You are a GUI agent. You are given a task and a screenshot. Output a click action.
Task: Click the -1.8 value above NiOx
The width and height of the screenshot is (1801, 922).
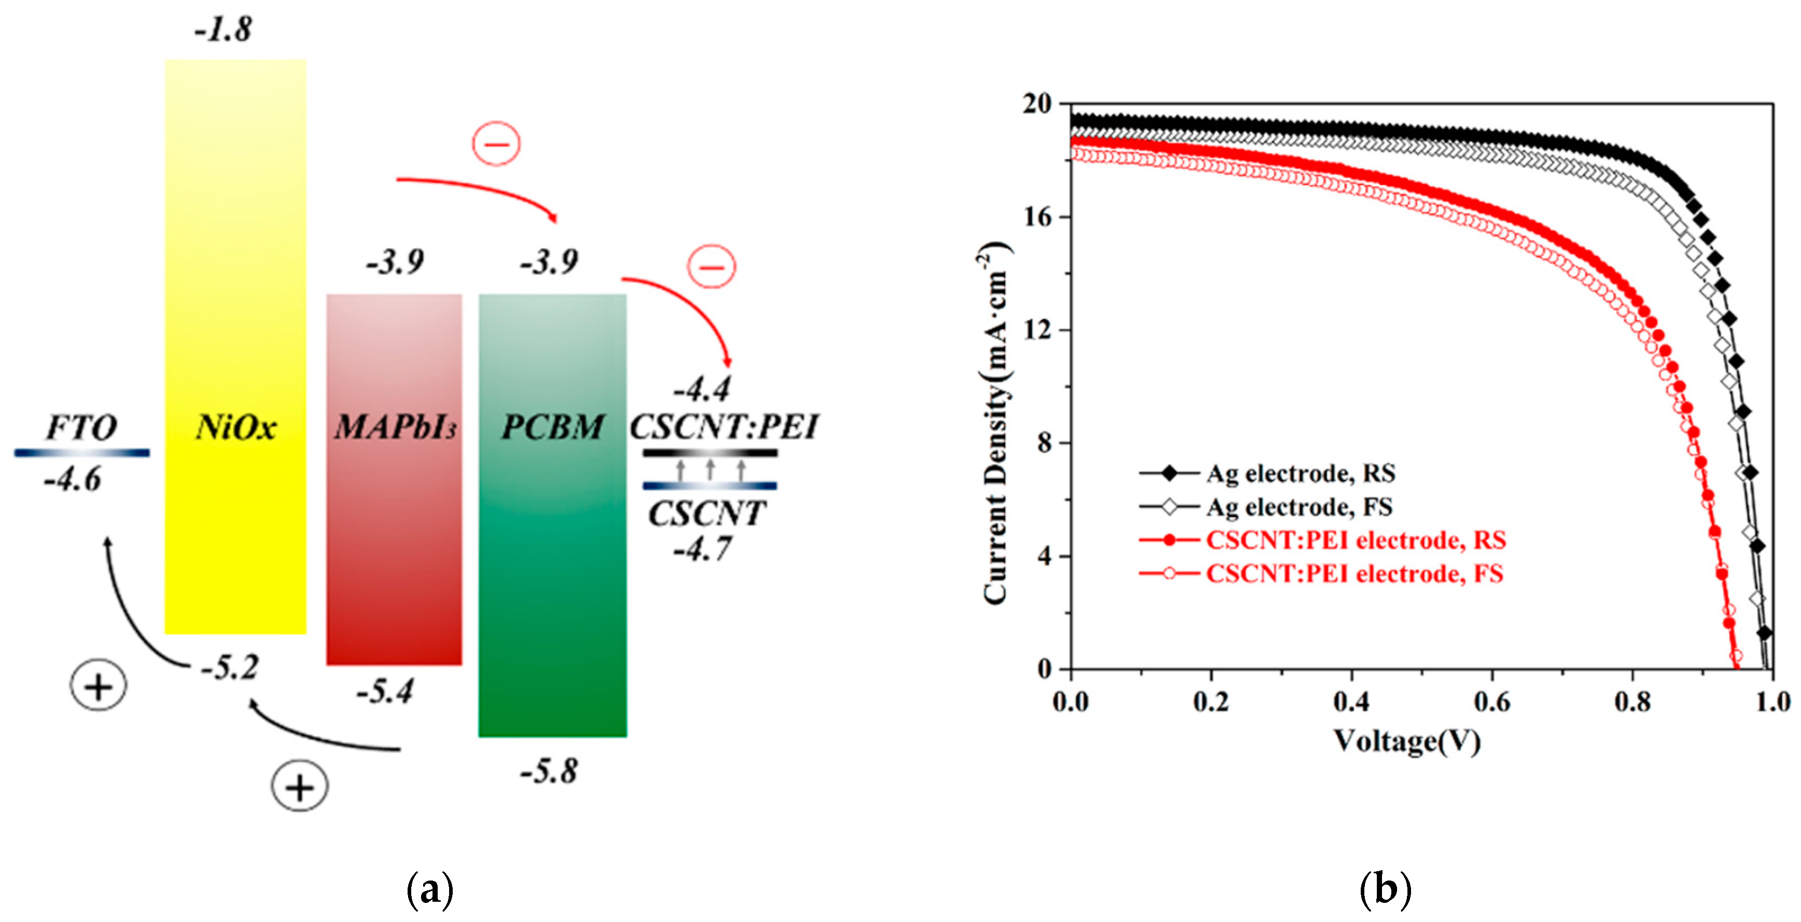click(223, 30)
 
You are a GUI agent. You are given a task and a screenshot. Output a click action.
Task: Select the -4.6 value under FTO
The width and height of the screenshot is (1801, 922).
click(73, 480)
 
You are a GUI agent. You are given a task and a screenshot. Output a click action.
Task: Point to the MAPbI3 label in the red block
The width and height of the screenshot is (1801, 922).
click(395, 427)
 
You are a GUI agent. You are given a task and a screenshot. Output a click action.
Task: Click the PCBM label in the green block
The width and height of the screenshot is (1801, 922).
click(552, 427)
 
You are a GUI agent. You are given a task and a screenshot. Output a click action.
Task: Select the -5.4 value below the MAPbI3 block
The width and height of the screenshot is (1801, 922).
click(385, 691)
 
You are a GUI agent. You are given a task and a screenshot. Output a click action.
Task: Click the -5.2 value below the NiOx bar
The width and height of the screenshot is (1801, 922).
click(230, 667)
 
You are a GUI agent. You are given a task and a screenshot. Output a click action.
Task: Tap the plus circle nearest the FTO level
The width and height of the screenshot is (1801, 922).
click(99, 687)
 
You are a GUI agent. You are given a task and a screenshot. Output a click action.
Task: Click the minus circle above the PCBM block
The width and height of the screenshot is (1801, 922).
click(496, 144)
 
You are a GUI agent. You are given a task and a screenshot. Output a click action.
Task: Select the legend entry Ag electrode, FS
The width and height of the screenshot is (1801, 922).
click(1299, 506)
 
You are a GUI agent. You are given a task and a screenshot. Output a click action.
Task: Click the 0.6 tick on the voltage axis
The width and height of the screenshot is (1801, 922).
click(1492, 701)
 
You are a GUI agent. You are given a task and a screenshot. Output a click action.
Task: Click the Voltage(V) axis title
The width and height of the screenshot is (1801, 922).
click(1407, 741)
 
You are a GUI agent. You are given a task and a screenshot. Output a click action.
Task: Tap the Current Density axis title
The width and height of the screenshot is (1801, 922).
click(996, 424)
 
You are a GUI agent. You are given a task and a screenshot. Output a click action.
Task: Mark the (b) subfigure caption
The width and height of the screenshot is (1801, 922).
click(1385, 890)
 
